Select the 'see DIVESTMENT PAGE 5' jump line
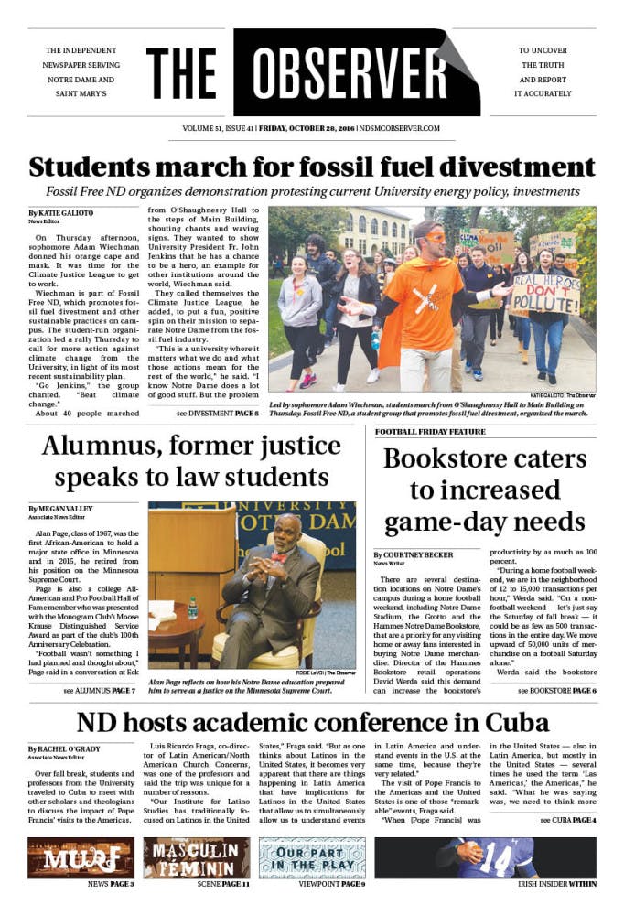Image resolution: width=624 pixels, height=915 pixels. point(217,414)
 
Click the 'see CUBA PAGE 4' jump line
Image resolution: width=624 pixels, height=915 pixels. point(567,820)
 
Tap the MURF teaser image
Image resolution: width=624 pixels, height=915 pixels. point(81,857)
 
